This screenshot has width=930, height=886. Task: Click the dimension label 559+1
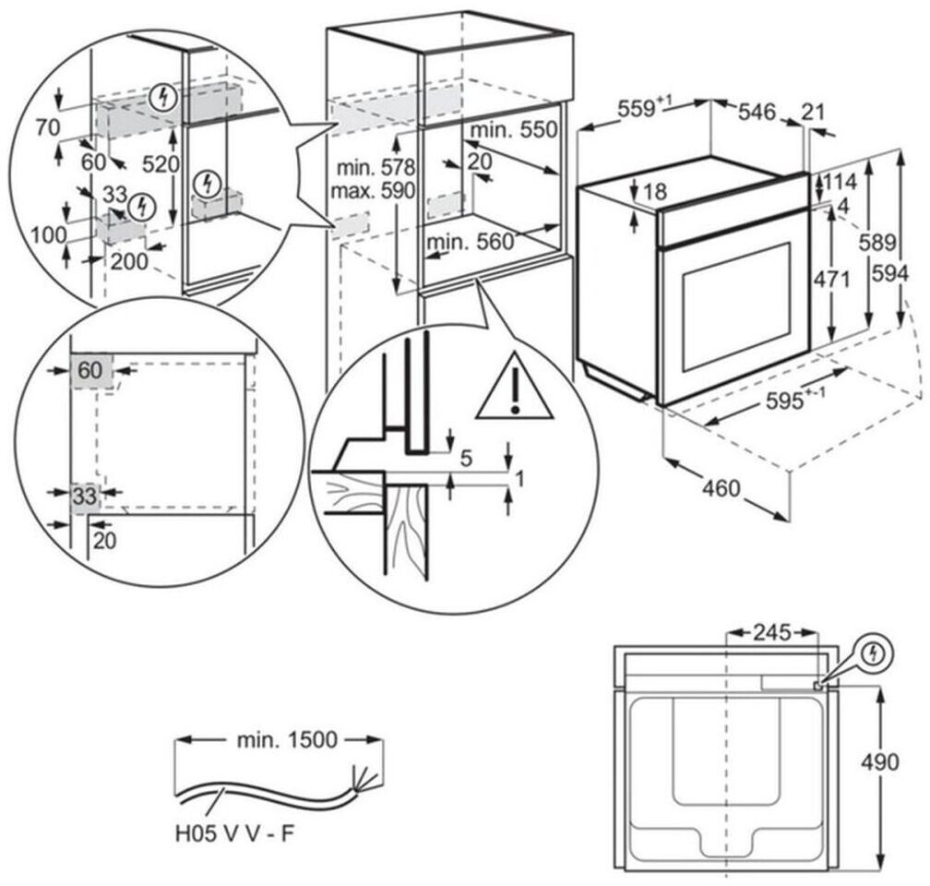tap(645, 108)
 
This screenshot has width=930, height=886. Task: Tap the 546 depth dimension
tap(757, 112)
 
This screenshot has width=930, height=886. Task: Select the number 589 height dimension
tap(877, 242)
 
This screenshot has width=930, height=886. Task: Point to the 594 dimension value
tap(890, 273)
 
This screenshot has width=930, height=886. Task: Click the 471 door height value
tap(831, 279)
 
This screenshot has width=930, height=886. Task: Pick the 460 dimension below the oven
tap(721, 488)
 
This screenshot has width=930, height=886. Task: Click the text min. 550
tap(514, 130)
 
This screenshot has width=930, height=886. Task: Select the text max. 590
tap(373, 191)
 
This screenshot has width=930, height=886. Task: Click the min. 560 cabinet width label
tap(471, 242)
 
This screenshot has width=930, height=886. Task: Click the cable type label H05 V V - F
tap(235, 833)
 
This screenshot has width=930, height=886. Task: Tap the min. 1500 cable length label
tap(286, 740)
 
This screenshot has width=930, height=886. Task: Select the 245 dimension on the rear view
tap(771, 632)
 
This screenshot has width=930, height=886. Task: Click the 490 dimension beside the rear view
tap(879, 761)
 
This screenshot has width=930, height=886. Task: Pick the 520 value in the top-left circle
tap(161, 163)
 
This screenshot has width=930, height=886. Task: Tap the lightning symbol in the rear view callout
tap(873, 654)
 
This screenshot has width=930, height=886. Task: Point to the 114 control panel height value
tap(838, 180)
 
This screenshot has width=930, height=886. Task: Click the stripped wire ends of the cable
tap(362, 778)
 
